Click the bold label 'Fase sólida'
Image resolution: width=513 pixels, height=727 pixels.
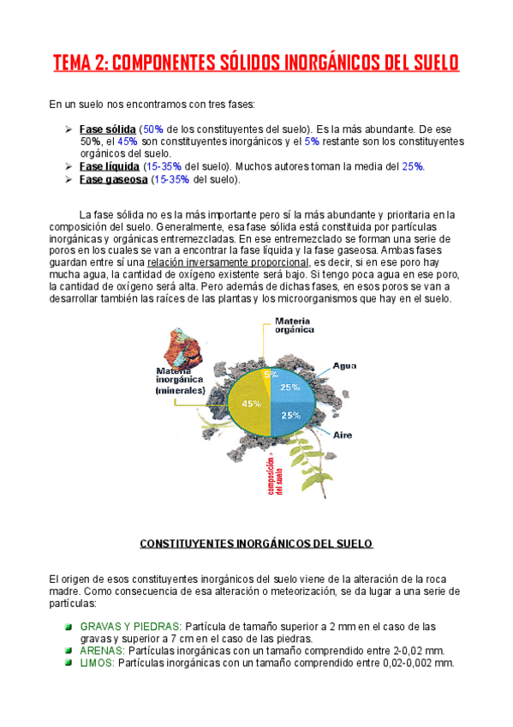(x=107, y=129)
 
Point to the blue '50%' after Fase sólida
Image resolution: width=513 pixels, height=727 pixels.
(x=154, y=129)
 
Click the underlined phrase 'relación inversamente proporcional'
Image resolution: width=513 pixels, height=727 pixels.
(x=227, y=261)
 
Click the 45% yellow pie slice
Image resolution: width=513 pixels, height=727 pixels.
(x=248, y=404)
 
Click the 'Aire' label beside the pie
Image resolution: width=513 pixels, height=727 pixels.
(x=343, y=435)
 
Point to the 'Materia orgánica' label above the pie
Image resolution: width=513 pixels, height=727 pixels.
(x=293, y=325)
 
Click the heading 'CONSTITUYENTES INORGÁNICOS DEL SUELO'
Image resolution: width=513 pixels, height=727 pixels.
(x=256, y=544)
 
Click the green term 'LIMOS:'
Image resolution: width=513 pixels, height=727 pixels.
(x=97, y=664)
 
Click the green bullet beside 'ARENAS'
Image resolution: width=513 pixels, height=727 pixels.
(x=69, y=652)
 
